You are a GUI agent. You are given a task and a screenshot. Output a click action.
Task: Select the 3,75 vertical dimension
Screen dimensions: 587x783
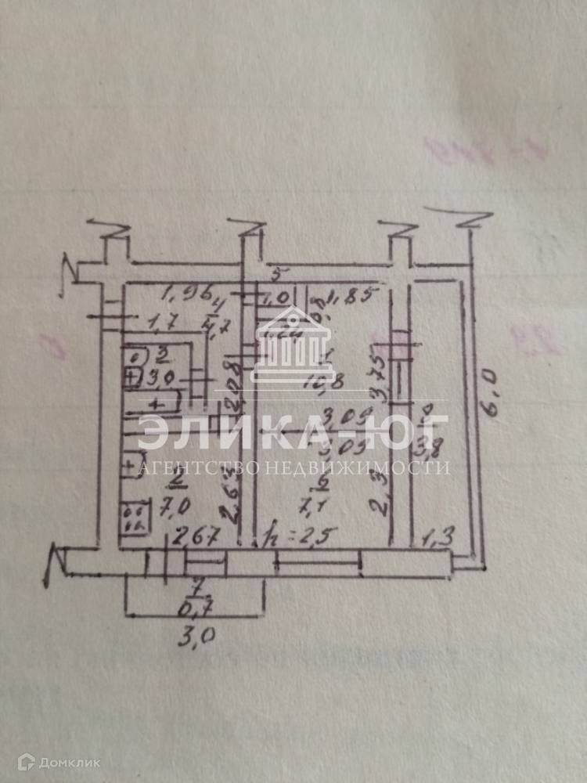[379, 377]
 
